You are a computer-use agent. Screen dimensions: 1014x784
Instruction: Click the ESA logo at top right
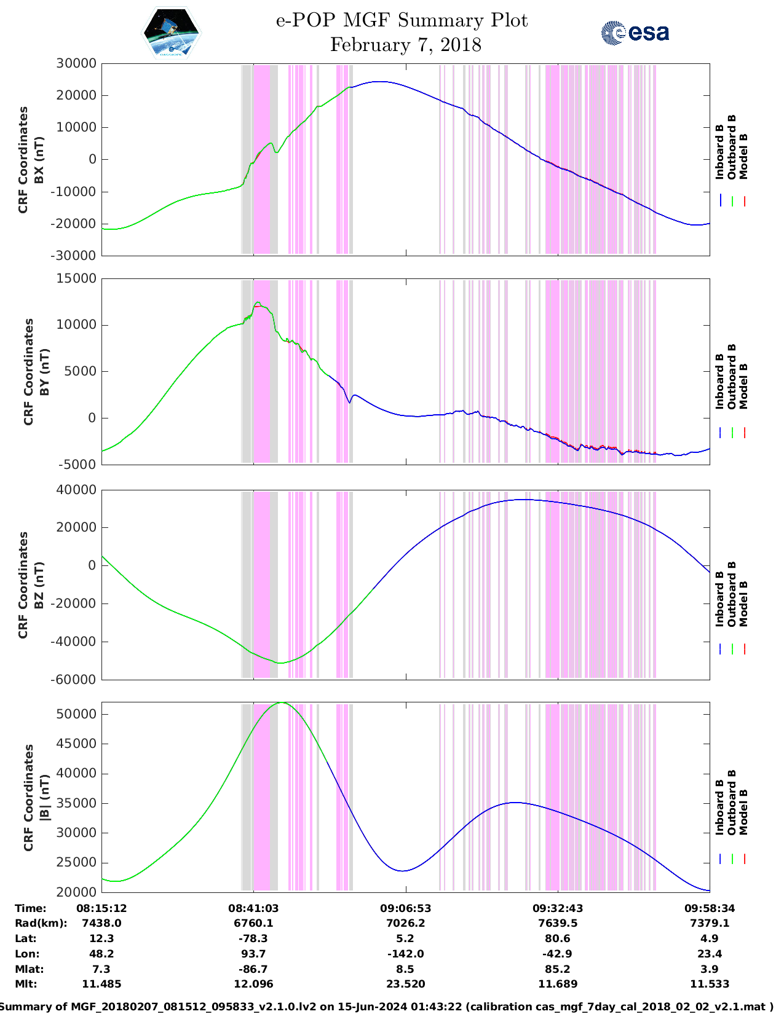tap(635, 33)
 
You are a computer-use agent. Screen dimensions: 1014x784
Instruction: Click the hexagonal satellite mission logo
tap(172, 34)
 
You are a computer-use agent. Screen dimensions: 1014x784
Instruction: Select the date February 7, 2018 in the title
tap(405, 45)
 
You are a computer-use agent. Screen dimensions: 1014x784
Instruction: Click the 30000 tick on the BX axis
tap(76, 63)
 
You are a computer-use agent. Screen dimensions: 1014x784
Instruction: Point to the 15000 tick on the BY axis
tap(76, 278)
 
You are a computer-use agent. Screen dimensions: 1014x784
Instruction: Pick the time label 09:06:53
tap(405, 908)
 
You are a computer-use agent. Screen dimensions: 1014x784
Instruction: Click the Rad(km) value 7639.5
tap(558, 923)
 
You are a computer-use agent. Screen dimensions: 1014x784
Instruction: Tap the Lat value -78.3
tap(253, 938)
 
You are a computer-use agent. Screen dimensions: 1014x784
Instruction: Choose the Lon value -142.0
tap(405, 954)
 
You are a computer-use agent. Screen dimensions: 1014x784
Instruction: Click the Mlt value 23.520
tap(405, 984)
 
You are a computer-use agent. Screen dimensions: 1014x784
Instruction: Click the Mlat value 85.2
tap(558, 969)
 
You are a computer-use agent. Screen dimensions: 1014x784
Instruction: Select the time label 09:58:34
tap(710, 908)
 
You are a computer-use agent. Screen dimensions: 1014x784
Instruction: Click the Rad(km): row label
tap(41, 923)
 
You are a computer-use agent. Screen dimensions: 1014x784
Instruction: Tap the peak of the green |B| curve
tap(282, 702)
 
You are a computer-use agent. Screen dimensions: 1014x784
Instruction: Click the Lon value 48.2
tap(101, 954)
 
